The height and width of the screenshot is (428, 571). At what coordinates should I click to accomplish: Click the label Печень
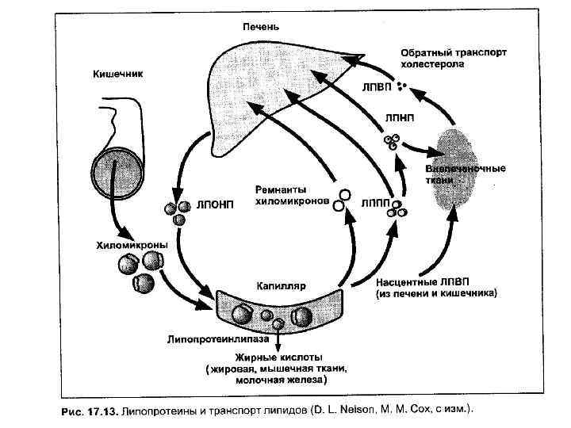(x=260, y=27)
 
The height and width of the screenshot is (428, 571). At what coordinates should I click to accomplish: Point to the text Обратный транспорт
(x=453, y=52)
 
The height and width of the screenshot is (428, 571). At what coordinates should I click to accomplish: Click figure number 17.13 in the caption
(x=100, y=411)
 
